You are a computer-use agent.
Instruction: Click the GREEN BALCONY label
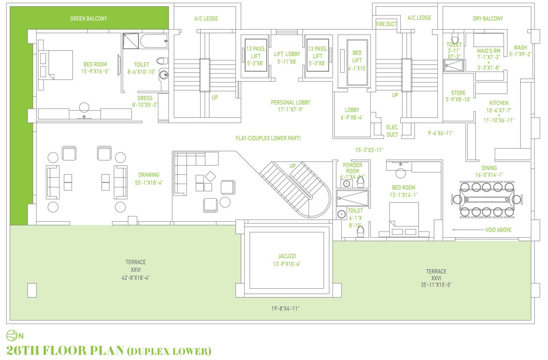pos(89,19)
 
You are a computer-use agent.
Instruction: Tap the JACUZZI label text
pos(285,256)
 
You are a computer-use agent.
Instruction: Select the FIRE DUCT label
pos(386,24)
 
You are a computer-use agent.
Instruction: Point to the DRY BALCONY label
pos(488,19)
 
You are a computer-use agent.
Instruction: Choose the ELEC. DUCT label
pos(392,131)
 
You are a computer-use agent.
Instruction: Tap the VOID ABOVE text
pos(498,230)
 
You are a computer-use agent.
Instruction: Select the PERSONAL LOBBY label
pos(291,102)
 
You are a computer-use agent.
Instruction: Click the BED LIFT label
pos(357,56)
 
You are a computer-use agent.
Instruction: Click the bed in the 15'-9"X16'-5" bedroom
pos(56,65)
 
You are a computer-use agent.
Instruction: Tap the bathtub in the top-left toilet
pos(154,42)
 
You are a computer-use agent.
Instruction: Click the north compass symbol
pos(11,335)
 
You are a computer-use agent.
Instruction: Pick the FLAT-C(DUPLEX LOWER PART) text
pos(268,138)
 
